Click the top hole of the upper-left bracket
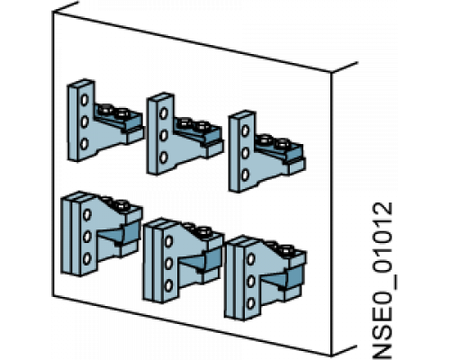(x=85, y=99)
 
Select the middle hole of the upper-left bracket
(x=85, y=121)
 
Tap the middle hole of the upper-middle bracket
(x=164, y=135)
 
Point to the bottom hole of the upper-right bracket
(x=246, y=175)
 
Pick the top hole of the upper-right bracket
(x=246, y=130)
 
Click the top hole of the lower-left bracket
(x=87, y=215)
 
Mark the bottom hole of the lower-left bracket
(x=87, y=258)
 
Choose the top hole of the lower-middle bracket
(x=169, y=241)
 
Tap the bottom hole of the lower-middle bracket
(x=169, y=285)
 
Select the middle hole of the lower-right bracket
(x=251, y=281)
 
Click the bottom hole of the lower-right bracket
(x=251, y=303)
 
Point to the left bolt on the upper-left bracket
(x=105, y=109)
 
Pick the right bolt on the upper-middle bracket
(x=202, y=126)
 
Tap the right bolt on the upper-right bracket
(x=283, y=144)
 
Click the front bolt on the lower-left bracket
(x=121, y=204)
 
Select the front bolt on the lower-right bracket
(x=285, y=249)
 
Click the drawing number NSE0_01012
(x=382, y=281)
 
